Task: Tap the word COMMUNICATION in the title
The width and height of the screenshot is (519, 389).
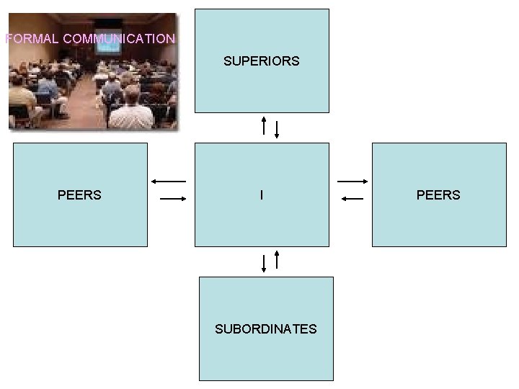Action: (x=119, y=39)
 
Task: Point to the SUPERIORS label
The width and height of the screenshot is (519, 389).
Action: (x=261, y=61)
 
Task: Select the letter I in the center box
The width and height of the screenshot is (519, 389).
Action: (x=261, y=195)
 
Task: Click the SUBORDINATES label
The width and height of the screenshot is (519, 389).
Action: (x=265, y=329)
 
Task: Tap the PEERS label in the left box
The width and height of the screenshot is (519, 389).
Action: (x=79, y=195)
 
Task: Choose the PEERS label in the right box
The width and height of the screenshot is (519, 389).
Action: (x=438, y=195)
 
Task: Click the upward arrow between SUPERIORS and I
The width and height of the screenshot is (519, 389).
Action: (x=265, y=125)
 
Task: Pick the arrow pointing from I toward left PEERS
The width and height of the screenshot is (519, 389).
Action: (x=169, y=181)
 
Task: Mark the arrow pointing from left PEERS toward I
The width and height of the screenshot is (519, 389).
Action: (x=173, y=198)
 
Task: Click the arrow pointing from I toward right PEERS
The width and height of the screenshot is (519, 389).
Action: (x=353, y=181)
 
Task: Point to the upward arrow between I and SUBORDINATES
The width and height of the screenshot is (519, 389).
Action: (x=278, y=259)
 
